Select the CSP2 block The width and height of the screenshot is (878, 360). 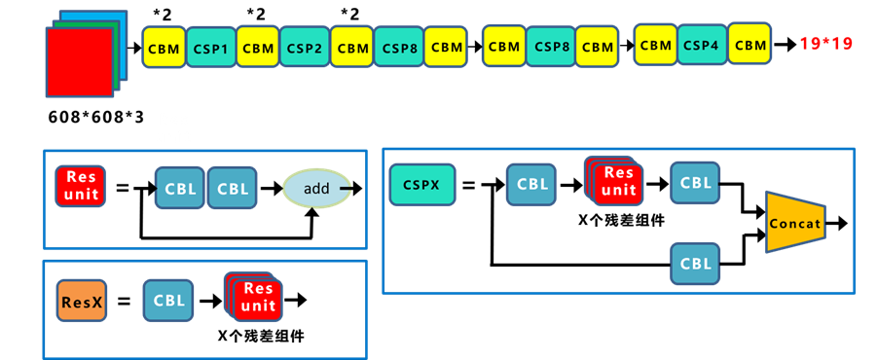[305, 47]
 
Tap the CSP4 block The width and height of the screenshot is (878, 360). [702, 45]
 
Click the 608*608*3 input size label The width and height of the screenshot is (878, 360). [96, 118]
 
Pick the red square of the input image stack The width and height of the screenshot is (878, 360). [79, 61]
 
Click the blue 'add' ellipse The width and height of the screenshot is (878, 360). [317, 189]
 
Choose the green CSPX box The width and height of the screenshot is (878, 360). [421, 184]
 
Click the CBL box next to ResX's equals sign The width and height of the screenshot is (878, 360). [168, 301]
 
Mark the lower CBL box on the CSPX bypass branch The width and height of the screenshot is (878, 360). [695, 263]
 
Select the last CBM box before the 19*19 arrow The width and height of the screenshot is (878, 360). [750, 45]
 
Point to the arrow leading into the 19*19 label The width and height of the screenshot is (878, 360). [784, 45]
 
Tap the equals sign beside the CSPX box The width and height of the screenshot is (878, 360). [469, 184]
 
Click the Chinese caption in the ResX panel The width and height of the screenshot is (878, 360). [260, 336]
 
